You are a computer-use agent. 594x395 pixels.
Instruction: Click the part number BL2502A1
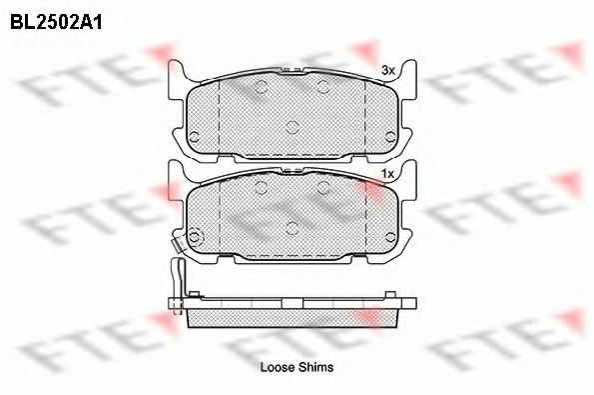56,22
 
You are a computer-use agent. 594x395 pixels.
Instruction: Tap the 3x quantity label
388,70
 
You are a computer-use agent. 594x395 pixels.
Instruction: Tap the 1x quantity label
388,174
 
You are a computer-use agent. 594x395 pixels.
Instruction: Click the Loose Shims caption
297,367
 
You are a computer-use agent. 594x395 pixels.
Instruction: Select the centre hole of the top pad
293,127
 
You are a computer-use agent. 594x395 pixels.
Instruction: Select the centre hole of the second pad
293,228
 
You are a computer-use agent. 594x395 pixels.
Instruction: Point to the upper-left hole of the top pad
262,87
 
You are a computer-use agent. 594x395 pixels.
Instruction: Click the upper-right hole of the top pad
323,87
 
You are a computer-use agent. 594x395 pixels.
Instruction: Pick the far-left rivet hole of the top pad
194,137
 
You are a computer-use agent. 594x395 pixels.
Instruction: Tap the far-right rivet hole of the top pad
390,137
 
